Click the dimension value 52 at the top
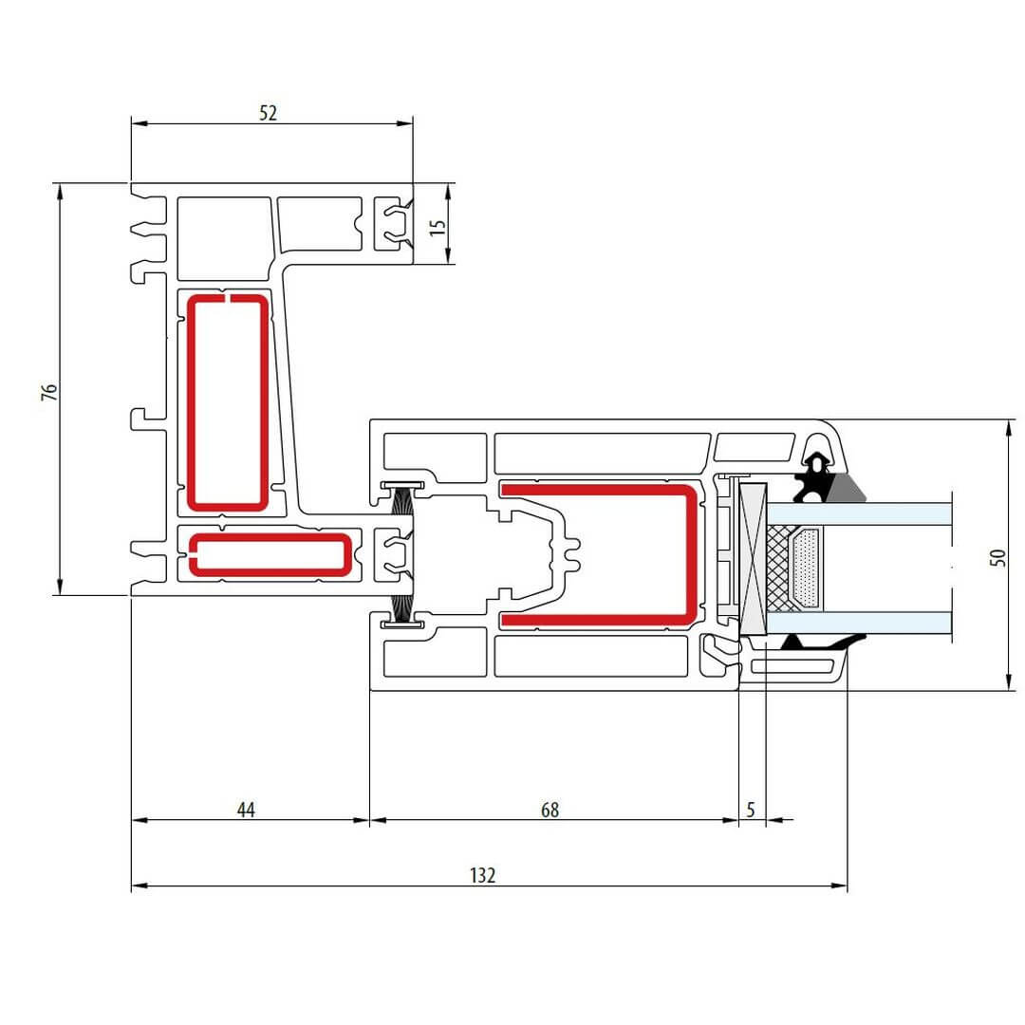(268, 113)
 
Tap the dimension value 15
(437, 228)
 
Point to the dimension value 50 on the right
(996, 558)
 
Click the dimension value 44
(246, 810)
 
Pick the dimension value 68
(550, 810)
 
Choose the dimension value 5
(751, 810)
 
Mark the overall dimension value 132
(483, 875)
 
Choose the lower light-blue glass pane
(883, 623)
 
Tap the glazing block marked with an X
(754, 559)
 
